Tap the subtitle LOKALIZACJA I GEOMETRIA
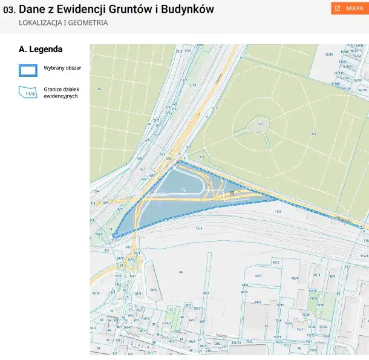(x=63, y=23)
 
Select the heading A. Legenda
(x=41, y=50)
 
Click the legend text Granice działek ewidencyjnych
(x=57, y=92)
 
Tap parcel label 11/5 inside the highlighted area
(x=183, y=190)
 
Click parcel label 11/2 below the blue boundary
(x=278, y=211)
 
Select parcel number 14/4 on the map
(x=199, y=228)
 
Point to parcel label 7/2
(x=202, y=158)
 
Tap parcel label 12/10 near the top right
(x=329, y=54)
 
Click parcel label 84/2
(x=275, y=263)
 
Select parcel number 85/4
(x=295, y=278)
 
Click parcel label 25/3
(x=153, y=290)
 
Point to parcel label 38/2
(x=206, y=293)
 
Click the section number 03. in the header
(x=9, y=10)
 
